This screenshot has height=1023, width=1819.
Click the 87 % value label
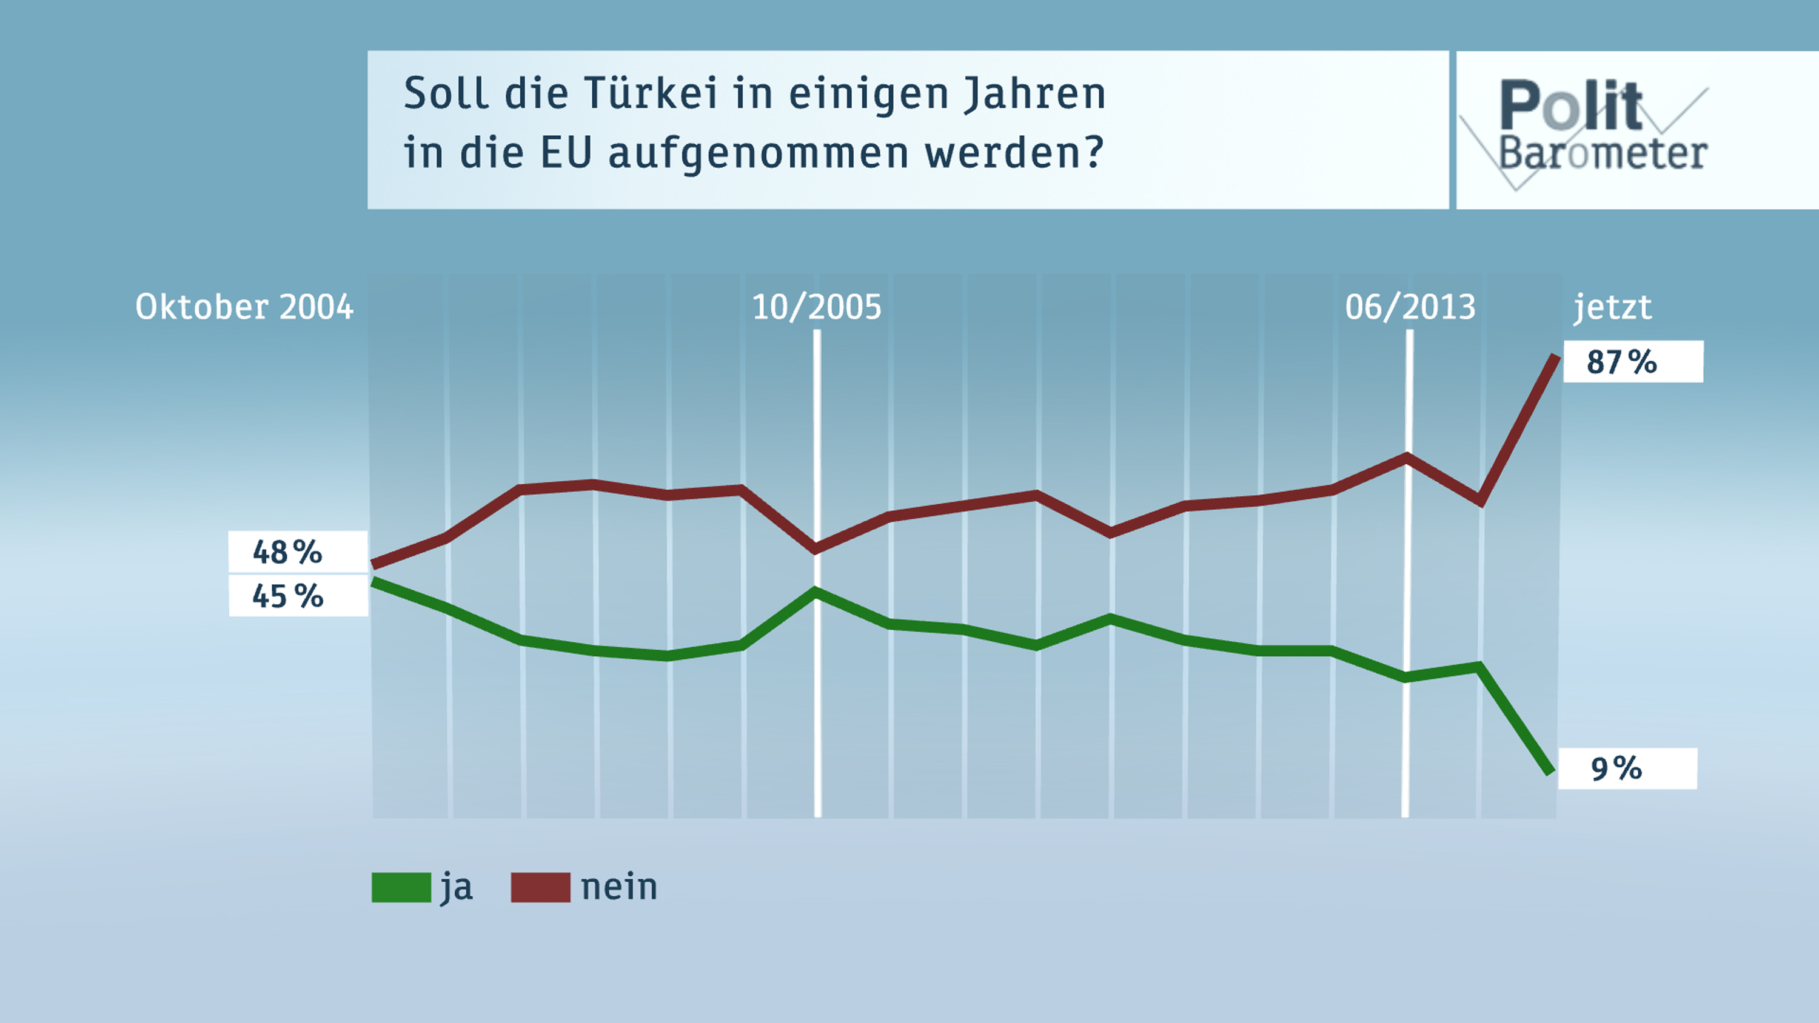tap(1621, 362)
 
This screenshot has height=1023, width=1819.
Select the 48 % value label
tap(287, 552)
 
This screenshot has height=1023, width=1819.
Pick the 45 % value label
tap(287, 596)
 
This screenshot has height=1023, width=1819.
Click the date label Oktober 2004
tap(244, 307)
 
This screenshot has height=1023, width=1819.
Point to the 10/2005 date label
tap(817, 307)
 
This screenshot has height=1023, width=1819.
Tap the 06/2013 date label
tap(1410, 307)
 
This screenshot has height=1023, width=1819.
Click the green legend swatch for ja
tap(401, 887)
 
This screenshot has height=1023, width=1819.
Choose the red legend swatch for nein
tap(540, 887)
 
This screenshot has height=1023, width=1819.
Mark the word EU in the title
tap(566, 153)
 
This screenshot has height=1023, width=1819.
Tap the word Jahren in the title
tap(1034, 94)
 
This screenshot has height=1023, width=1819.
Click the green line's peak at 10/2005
tap(816, 591)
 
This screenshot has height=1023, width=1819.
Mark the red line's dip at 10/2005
tap(816, 548)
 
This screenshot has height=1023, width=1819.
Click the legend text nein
tap(618, 887)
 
